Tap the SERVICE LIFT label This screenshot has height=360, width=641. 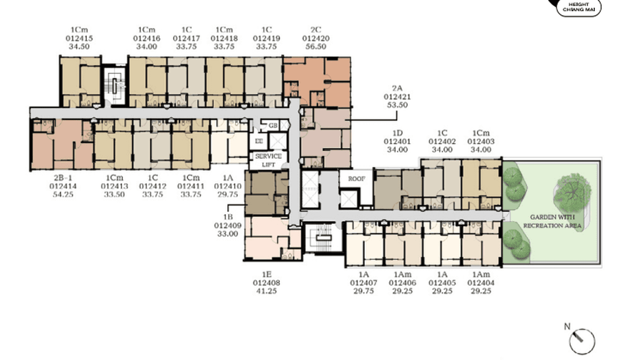[268, 160]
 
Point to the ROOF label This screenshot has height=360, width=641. [356, 180]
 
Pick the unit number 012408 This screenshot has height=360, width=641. [267, 283]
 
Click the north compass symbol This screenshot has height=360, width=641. [582, 340]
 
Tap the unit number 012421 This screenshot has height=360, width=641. [397, 97]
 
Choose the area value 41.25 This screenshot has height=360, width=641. [267, 291]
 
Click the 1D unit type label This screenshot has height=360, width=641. [397, 134]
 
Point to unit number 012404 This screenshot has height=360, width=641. [481, 283]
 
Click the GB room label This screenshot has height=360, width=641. [273, 125]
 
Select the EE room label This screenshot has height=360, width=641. [259, 141]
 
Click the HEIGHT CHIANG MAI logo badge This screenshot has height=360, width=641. [578, 7]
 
